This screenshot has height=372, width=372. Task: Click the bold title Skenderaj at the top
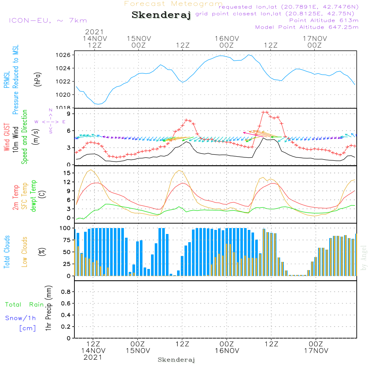pyautogui.click(x=161, y=15)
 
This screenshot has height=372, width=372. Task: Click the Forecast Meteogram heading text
pyautogui.click(x=173, y=4)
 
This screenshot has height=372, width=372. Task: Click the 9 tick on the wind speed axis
pyautogui.click(x=68, y=113)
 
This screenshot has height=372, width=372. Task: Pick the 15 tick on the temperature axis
pyautogui.click(x=67, y=173)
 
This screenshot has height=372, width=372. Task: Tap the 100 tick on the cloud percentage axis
pyautogui.click(x=65, y=228)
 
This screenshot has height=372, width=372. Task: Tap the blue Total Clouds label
pyautogui.click(x=7, y=251)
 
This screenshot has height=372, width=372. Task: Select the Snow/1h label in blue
pyautogui.click(x=20, y=318)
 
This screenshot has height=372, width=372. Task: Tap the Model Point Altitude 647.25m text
pyautogui.click(x=307, y=27)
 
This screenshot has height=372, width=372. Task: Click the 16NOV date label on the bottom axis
pyautogui.click(x=227, y=350)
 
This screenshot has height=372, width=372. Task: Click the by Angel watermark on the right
pyautogui.click(x=364, y=257)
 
